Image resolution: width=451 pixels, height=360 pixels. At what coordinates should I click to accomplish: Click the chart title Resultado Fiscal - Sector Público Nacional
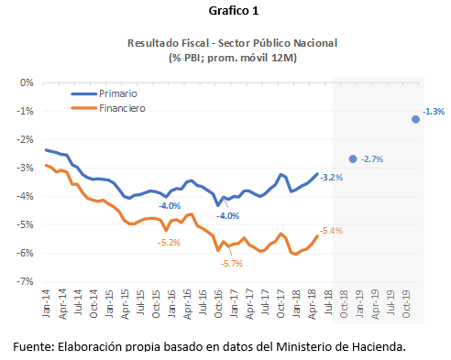pyautogui.click(x=225, y=43)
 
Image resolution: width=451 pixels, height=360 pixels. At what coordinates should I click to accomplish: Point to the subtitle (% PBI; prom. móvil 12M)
pyautogui.click(x=225, y=57)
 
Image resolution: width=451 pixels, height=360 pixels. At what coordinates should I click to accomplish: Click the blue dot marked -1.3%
pyautogui.click(x=416, y=119)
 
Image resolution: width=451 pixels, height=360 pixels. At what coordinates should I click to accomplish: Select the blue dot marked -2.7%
pyautogui.click(x=353, y=158)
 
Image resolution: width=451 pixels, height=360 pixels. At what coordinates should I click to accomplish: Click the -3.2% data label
pyautogui.click(x=331, y=177)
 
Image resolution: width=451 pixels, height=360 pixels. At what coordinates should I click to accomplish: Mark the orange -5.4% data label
pyautogui.click(x=331, y=231)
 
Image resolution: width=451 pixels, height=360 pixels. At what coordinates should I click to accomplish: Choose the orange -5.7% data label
pyautogui.click(x=231, y=264)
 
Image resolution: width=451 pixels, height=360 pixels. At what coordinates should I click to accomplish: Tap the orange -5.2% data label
pyautogui.click(x=169, y=242)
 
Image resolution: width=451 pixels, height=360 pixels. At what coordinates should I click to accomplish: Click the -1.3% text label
pyautogui.click(x=434, y=112)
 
